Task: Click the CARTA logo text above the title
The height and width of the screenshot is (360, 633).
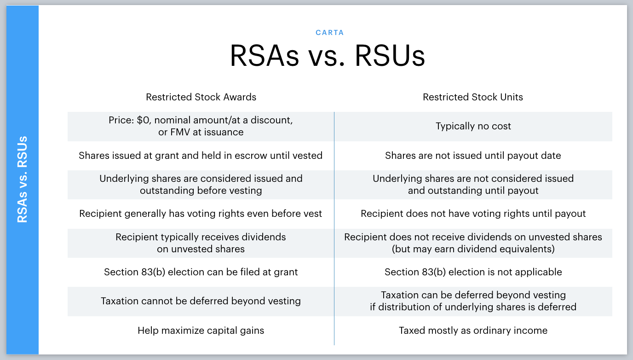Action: pyautogui.click(x=329, y=33)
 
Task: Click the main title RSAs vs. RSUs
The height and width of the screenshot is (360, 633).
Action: pyautogui.click(x=328, y=56)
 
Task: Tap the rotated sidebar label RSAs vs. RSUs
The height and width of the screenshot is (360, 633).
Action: pyautogui.click(x=23, y=180)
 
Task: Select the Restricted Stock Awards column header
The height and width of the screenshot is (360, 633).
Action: pyautogui.click(x=201, y=97)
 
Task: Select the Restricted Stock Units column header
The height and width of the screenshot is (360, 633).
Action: pyautogui.click(x=473, y=97)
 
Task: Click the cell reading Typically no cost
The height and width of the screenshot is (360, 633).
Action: pyautogui.click(x=473, y=126)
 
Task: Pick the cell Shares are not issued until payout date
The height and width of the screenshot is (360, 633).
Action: pyautogui.click(x=473, y=156)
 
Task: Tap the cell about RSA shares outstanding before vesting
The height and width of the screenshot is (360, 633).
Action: pyautogui.click(x=201, y=185)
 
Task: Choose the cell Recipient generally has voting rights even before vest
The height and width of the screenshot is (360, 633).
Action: pyautogui.click(x=201, y=214)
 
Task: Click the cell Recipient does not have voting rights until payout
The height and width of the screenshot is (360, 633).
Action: pyautogui.click(x=473, y=214)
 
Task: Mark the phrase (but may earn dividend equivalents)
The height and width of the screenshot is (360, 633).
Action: pyautogui.click(x=473, y=249)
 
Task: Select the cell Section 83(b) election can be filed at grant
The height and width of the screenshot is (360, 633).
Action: pyautogui.click(x=201, y=272)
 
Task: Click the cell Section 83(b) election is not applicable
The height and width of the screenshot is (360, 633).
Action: pyautogui.click(x=473, y=272)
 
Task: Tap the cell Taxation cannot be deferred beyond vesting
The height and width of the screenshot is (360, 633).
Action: pyautogui.click(x=201, y=301)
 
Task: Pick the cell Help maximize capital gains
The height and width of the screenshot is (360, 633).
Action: pyautogui.click(x=201, y=331)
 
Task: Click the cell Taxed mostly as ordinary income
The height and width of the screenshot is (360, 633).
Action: pyautogui.click(x=473, y=331)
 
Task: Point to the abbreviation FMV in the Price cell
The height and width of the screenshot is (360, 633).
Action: pyautogui.click(x=180, y=132)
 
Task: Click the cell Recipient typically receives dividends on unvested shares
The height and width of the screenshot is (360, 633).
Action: pyautogui.click(x=201, y=243)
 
